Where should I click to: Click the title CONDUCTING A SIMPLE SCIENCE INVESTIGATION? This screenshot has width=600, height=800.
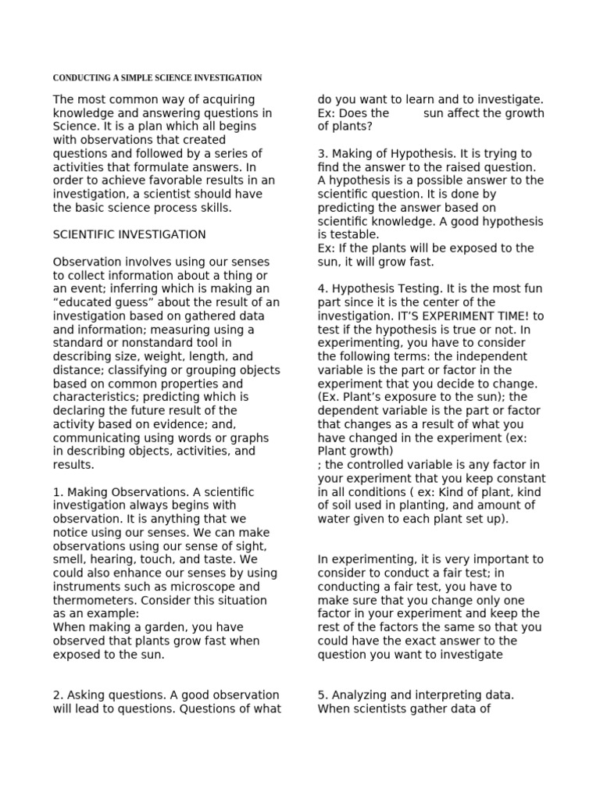(x=157, y=78)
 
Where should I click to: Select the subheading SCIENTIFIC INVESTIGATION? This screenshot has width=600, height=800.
(x=130, y=234)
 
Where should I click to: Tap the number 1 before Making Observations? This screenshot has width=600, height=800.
(x=56, y=492)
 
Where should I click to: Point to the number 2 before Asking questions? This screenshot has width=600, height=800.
(x=56, y=695)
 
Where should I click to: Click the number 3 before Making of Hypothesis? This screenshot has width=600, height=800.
(x=322, y=154)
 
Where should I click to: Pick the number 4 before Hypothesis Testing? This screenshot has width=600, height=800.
(x=322, y=289)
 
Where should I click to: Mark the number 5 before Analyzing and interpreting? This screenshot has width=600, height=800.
(x=322, y=695)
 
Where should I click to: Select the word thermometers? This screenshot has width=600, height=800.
(x=90, y=601)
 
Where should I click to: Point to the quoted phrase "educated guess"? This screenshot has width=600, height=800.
(x=98, y=302)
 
